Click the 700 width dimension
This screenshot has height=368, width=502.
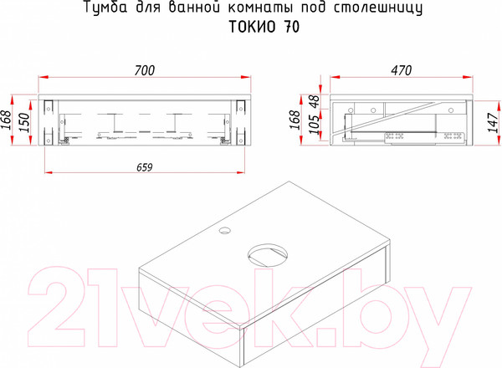click(145, 71)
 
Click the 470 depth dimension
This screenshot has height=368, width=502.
click(401, 71)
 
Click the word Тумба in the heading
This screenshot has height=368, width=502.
click(105, 9)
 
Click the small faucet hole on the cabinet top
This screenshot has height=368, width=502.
click(226, 227)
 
